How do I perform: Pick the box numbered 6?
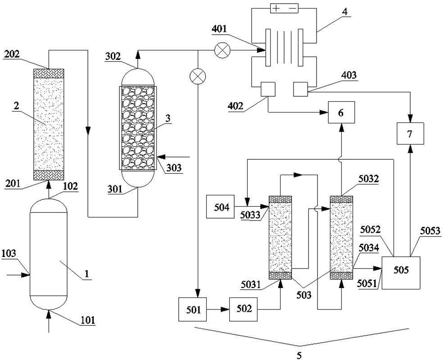[341, 112]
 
